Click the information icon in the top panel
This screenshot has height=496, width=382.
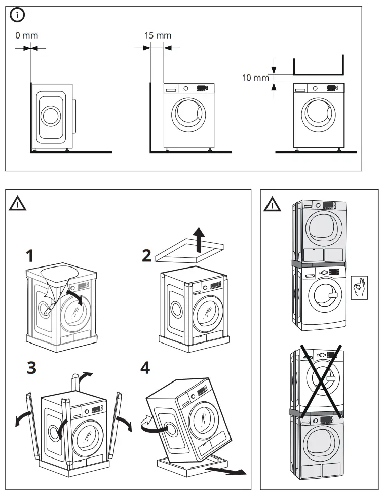point(18,16)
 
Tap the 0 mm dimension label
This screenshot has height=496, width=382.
point(26,35)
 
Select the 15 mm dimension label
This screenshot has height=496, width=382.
point(158,35)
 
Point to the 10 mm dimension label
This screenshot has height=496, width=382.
point(255,78)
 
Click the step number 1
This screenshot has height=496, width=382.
point(32,254)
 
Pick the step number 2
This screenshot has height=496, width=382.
point(146,255)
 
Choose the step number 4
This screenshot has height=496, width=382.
point(145,368)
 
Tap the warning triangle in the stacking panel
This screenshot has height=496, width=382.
point(273,204)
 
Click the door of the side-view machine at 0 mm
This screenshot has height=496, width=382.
point(50,117)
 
